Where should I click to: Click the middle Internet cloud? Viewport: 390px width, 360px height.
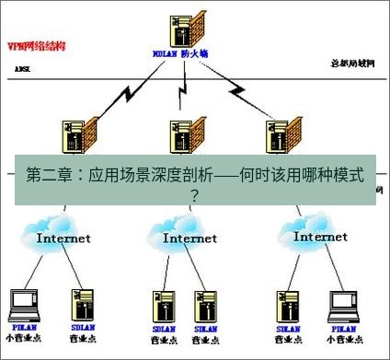coord(189,233)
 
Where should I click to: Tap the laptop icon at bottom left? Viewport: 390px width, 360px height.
coord(23,305)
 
